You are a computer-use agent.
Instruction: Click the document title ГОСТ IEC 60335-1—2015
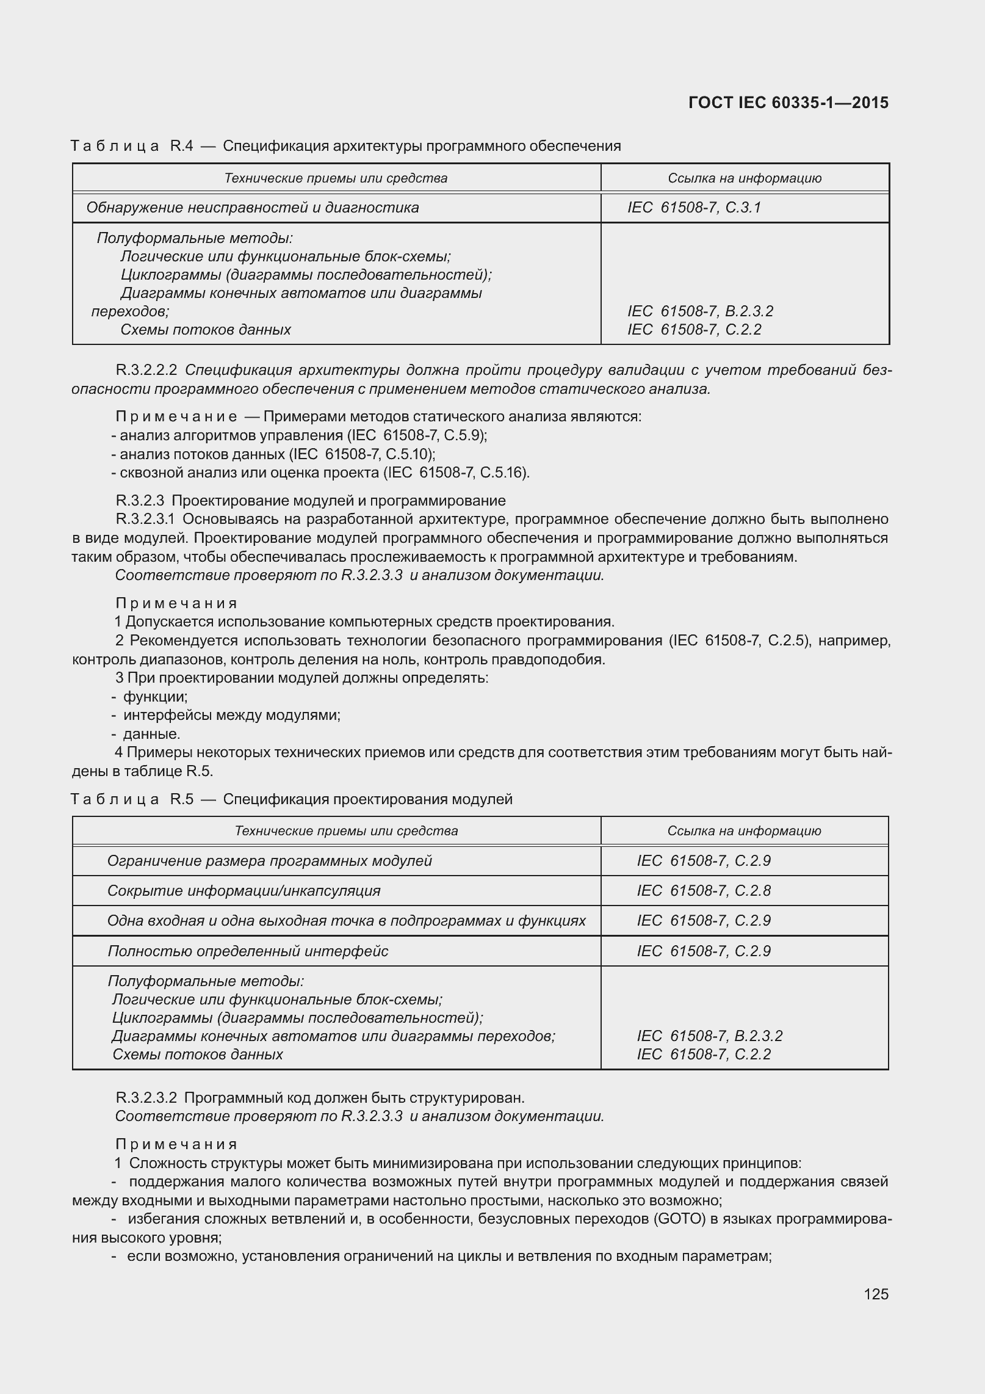click(788, 103)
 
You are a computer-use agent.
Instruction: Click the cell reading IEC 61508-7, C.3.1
click(694, 208)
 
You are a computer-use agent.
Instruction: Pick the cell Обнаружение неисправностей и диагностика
click(253, 208)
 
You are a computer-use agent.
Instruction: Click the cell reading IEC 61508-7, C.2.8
click(704, 890)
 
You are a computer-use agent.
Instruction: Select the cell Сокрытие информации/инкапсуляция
click(244, 890)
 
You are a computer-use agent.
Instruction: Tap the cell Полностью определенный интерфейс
click(248, 951)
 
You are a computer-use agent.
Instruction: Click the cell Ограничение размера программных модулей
click(269, 860)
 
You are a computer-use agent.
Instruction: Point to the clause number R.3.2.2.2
click(146, 370)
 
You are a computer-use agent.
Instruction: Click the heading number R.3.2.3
click(140, 501)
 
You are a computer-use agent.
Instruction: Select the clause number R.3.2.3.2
click(146, 1098)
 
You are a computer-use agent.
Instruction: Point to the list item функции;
click(155, 697)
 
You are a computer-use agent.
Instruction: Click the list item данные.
click(151, 733)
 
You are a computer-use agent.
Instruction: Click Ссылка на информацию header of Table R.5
click(744, 830)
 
